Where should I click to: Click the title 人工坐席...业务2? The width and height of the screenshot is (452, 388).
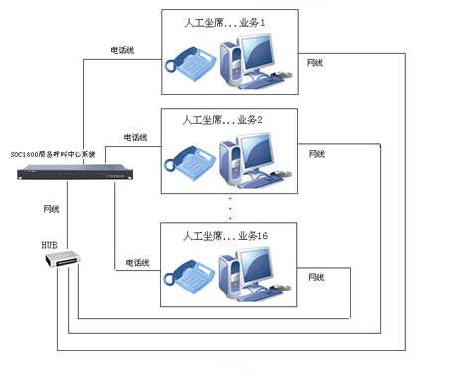[x=226, y=119]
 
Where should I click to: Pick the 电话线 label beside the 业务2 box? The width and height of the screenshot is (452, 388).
[x=135, y=137]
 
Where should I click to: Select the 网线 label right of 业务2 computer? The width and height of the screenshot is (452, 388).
[x=317, y=154]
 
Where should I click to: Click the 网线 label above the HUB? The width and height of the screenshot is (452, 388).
[x=52, y=209]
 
